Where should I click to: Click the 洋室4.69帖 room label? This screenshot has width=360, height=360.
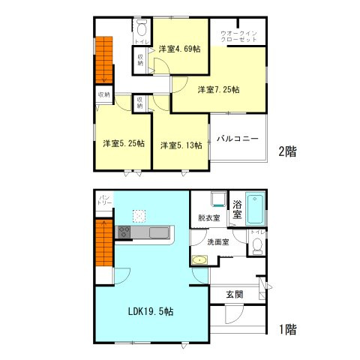(179, 49)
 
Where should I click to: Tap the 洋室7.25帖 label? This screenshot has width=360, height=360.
(218, 90)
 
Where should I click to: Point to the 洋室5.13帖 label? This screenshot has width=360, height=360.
(180, 145)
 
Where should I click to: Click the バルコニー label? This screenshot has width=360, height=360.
(238, 139)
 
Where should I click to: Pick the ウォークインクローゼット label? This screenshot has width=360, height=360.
(238, 36)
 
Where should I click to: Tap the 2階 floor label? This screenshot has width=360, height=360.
(286, 151)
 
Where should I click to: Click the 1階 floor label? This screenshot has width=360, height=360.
(286, 328)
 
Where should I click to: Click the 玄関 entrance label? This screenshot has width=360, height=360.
(234, 295)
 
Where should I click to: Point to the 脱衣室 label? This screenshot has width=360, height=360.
(208, 218)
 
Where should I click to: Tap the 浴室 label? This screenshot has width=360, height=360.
(236, 209)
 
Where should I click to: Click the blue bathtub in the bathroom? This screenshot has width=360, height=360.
(256, 210)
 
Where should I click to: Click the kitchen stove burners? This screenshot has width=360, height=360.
(124, 232)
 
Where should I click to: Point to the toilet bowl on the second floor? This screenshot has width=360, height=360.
(142, 31)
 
